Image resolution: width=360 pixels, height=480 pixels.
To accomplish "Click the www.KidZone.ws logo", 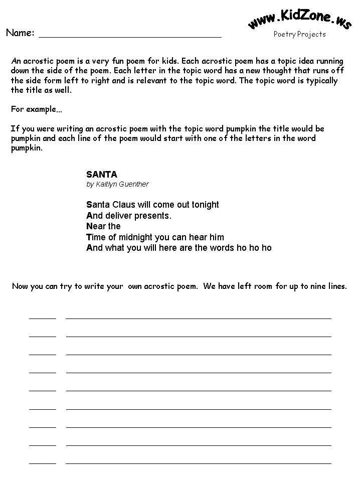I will (299, 19).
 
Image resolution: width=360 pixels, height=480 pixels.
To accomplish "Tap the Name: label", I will (20, 33).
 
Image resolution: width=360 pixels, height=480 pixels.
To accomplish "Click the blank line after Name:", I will (130, 36).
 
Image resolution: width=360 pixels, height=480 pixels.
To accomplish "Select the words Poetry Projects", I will (299, 34).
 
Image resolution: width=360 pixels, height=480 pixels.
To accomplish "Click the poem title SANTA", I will (102, 175).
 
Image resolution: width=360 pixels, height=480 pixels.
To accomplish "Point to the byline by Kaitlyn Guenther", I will (117, 184).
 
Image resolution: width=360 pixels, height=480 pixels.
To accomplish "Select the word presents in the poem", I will (153, 216).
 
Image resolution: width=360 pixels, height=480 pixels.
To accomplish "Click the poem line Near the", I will (103, 226).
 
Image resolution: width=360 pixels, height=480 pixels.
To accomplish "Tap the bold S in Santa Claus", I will (89, 205).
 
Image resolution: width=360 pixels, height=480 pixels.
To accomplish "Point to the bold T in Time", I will (89, 237).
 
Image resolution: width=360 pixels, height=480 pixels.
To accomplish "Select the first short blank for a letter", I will (43, 318).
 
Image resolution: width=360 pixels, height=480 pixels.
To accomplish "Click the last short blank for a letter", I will (43, 463).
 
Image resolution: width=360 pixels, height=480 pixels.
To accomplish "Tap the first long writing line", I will (199, 318).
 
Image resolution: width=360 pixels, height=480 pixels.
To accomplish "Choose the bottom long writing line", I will (199, 463).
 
